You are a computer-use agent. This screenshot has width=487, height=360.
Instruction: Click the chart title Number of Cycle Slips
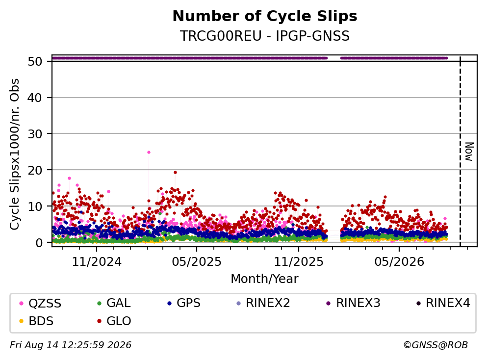tap(265, 16)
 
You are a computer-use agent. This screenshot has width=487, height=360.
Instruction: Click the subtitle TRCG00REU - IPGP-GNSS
tap(265, 36)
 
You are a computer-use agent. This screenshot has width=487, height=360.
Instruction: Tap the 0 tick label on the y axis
tap(39, 243)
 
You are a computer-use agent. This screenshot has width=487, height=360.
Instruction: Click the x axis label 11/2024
tap(97, 262)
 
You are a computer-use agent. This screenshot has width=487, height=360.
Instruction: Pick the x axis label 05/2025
tap(197, 262)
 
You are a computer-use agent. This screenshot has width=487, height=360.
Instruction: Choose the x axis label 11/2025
tap(299, 262)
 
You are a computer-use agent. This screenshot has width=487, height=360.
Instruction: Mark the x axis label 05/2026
tap(399, 262)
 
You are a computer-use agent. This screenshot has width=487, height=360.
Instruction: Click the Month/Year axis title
tap(264, 279)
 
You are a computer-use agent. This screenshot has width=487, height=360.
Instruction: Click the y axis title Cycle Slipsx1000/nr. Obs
tap(15, 154)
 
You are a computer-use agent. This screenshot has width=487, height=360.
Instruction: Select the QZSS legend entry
tap(40, 303)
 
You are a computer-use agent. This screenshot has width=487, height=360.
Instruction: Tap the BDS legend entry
tap(36, 321)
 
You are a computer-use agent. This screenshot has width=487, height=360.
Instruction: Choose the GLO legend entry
tap(114, 321)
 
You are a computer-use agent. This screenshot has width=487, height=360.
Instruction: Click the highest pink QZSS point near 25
tap(149, 152)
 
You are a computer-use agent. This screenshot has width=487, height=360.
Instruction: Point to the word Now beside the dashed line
tap(469, 152)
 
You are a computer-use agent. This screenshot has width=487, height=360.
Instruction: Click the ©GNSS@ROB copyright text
tap(436, 345)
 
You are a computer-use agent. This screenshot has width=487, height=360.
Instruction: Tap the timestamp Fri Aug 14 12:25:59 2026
tap(71, 345)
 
